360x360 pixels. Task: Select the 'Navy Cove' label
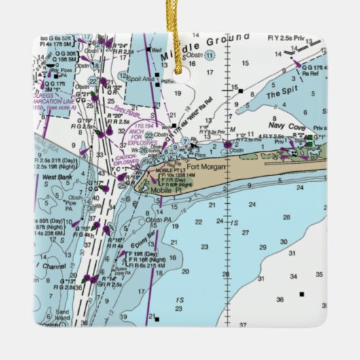[x=267, y=125]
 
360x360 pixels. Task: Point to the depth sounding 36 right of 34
[x=280, y=298]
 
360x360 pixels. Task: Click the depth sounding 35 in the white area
[x=319, y=274]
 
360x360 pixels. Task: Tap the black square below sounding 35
[x=301, y=295]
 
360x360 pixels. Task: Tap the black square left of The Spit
[x=240, y=89]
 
